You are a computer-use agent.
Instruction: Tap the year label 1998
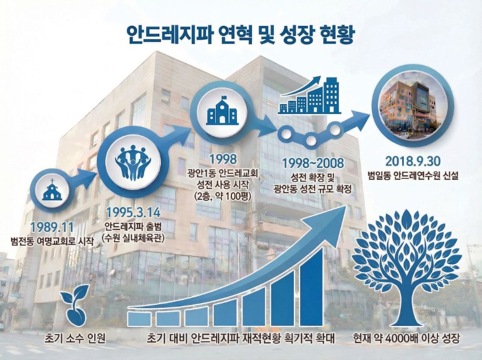223,160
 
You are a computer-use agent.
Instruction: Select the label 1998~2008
312,163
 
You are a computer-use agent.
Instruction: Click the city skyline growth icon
310,97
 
